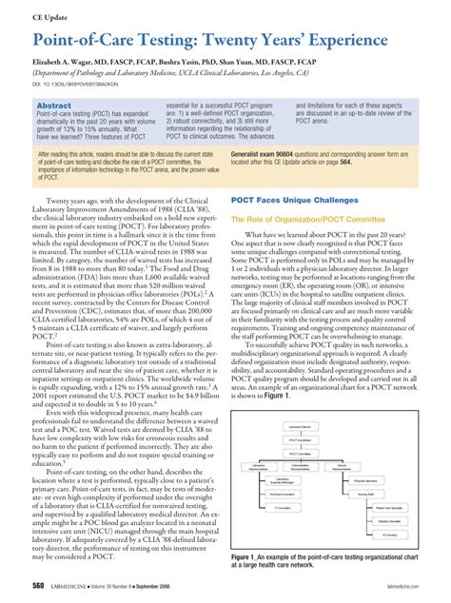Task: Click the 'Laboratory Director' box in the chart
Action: [x=301, y=427]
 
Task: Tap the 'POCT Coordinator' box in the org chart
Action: [x=301, y=440]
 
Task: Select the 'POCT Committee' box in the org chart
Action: [x=301, y=454]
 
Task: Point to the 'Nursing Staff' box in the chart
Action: [x=366, y=495]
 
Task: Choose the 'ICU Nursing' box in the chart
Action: [x=390, y=535]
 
